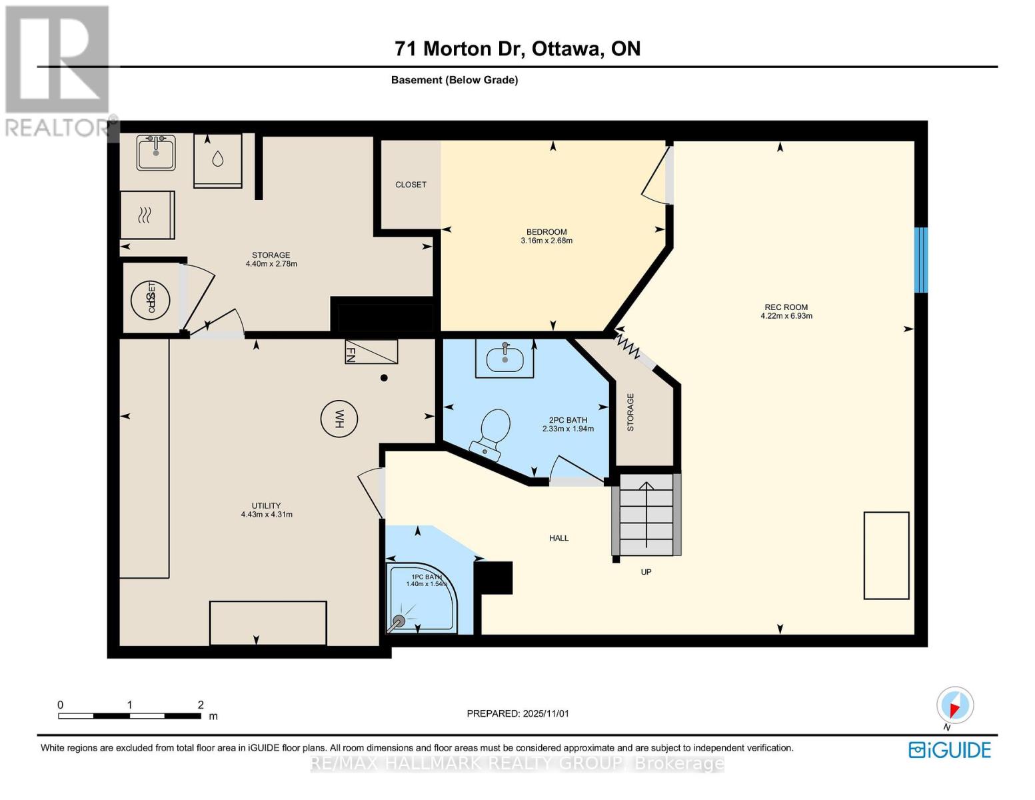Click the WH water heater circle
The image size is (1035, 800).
[339, 419]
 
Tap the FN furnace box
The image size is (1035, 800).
[371, 351]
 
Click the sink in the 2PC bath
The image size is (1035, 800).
[505, 359]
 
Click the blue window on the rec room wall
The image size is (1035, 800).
[920, 260]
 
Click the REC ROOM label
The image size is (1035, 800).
[786, 307]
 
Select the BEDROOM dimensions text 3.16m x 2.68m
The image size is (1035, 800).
[546, 241]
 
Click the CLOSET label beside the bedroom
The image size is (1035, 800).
[411, 185]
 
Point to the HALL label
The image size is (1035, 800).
[558, 538]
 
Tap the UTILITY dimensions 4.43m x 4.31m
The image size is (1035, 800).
[267, 515]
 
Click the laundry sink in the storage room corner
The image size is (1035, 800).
[157, 153]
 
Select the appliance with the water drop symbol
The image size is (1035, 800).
[218, 160]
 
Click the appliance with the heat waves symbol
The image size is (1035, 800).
[147, 215]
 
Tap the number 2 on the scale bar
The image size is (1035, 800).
[201, 705]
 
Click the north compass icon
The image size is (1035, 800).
[955, 705]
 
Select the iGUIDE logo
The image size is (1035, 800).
[950, 750]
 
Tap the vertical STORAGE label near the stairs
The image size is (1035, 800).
[630, 412]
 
